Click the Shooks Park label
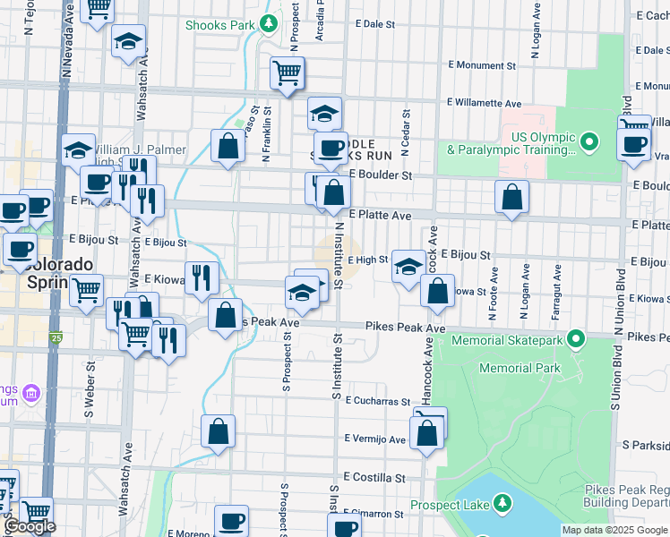coord(220,25)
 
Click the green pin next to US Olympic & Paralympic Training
coord(589,141)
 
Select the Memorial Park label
coord(520,368)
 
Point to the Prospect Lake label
coord(450,505)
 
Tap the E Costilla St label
coord(374,478)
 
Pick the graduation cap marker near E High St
coord(408,266)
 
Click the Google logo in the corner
coord(30,526)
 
